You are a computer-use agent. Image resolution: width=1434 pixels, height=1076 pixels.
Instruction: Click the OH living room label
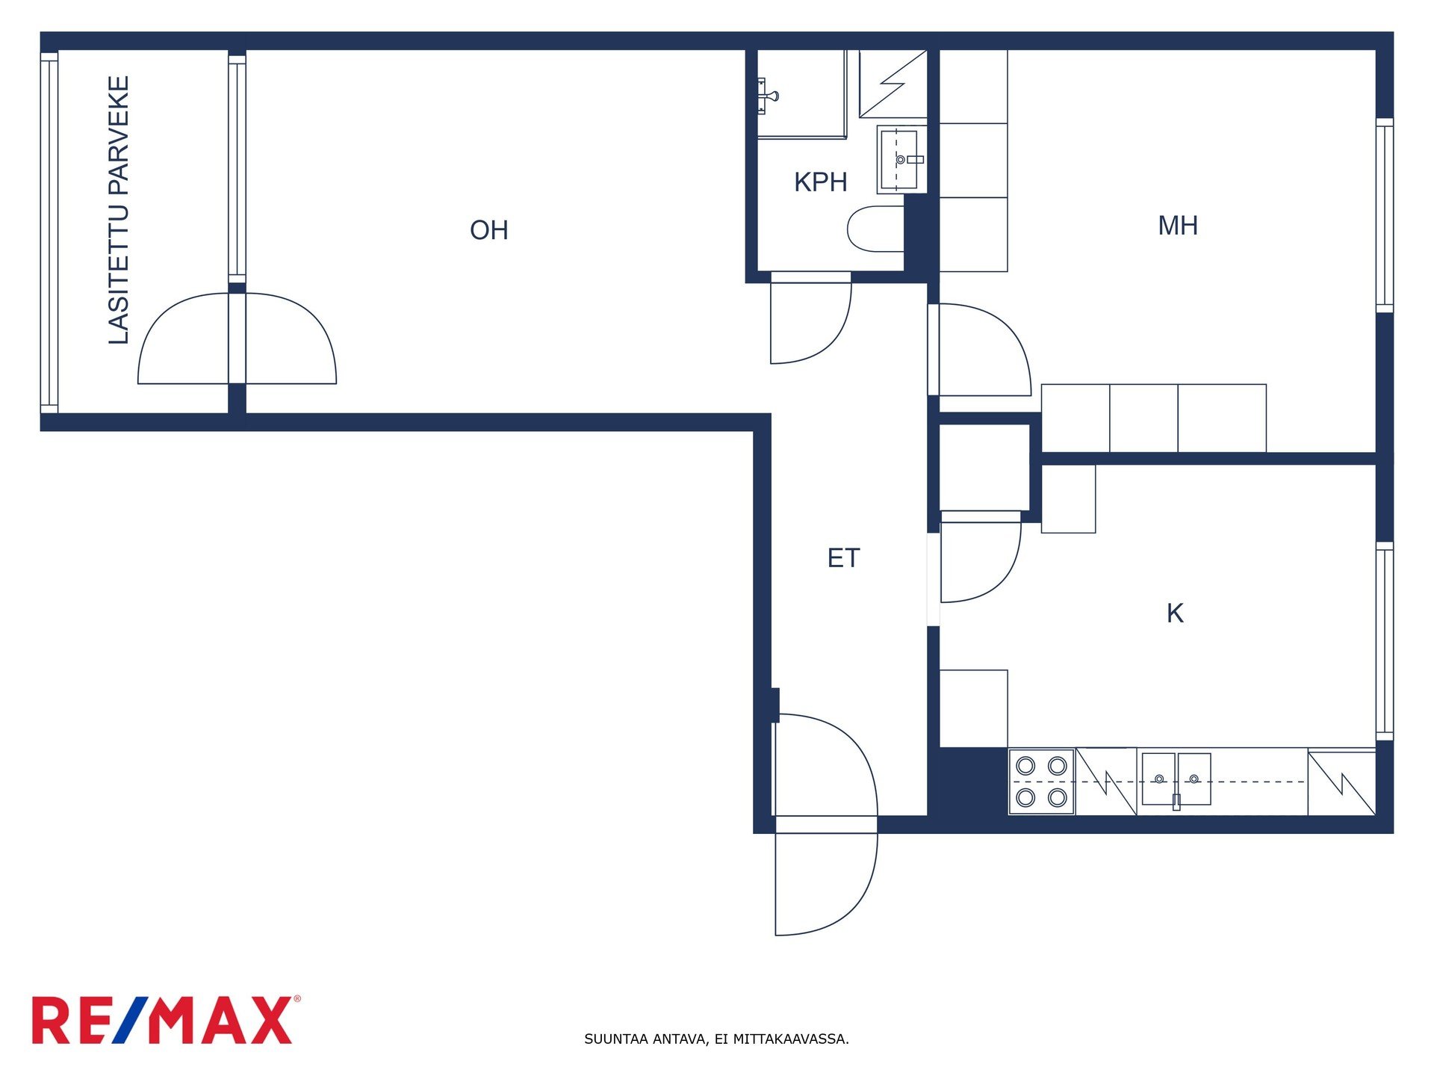(x=488, y=230)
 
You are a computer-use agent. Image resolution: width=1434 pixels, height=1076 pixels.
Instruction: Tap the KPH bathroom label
(x=820, y=182)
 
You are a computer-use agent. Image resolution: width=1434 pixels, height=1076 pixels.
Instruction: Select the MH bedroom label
(x=1178, y=226)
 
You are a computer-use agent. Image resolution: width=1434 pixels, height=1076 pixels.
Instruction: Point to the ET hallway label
(x=843, y=558)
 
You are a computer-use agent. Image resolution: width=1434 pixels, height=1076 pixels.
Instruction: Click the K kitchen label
(x=1175, y=613)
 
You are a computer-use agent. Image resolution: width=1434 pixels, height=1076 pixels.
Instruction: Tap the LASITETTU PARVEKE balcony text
(x=119, y=210)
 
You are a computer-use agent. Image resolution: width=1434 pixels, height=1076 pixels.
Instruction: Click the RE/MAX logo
(x=166, y=1020)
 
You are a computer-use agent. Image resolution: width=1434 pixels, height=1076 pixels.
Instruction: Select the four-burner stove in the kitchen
(x=1041, y=782)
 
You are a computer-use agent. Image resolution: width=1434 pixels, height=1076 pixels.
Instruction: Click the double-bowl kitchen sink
(x=1176, y=779)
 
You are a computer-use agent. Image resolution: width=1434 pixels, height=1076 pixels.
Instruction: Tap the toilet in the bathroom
(x=875, y=229)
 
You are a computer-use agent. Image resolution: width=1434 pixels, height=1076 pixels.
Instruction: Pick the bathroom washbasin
(x=901, y=159)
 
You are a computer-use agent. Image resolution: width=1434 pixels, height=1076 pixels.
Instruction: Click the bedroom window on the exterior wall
(x=1384, y=215)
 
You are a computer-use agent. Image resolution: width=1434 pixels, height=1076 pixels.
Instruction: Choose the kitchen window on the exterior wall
(x=1384, y=641)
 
